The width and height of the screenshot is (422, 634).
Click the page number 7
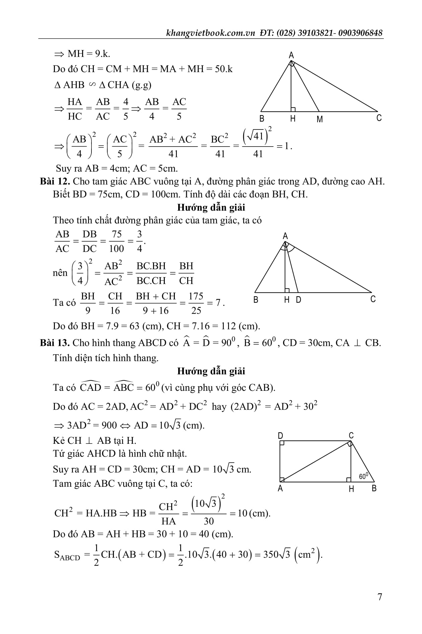(x=379, y=597)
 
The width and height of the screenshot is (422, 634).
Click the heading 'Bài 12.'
(x=55, y=181)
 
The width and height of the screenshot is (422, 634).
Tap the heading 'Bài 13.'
(x=55, y=343)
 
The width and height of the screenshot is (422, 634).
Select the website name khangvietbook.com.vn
(x=211, y=33)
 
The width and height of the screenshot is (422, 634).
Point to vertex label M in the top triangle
(x=320, y=119)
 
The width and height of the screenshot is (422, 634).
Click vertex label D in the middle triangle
(x=298, y=300)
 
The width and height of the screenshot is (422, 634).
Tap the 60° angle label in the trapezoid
(x=363, y=476)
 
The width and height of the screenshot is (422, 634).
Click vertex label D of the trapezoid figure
(x=281, y=436)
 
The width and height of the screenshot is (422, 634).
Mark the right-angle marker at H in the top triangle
(x=293, y=109)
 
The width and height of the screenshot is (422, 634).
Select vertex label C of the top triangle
(x=379, y=118)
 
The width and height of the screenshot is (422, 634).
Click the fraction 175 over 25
(x=196, y=303)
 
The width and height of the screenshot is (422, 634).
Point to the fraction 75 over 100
(x=117, y=241)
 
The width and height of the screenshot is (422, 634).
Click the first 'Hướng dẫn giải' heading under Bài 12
(x=211, y=208)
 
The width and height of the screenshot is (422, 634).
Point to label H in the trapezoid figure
(x=351, y=489)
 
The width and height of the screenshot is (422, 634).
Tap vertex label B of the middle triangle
(x=256, y=300)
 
